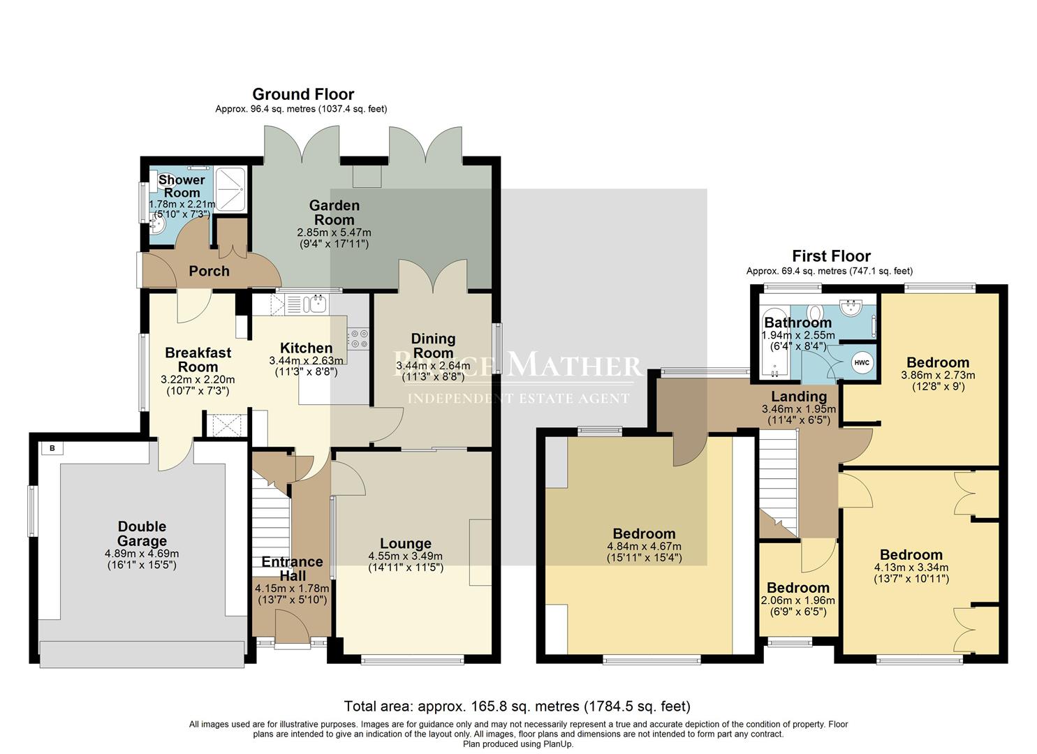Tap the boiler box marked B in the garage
[51, 448]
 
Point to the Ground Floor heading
[303, 94]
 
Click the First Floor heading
[831, 256]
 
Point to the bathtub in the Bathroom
[774, 342]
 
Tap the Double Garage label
[142, 533]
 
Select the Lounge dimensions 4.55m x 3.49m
[406, 556]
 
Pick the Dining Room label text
[433, 346]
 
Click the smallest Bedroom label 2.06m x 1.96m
[797, 600]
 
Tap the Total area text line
[517, 706]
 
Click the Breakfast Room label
[198, 360]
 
